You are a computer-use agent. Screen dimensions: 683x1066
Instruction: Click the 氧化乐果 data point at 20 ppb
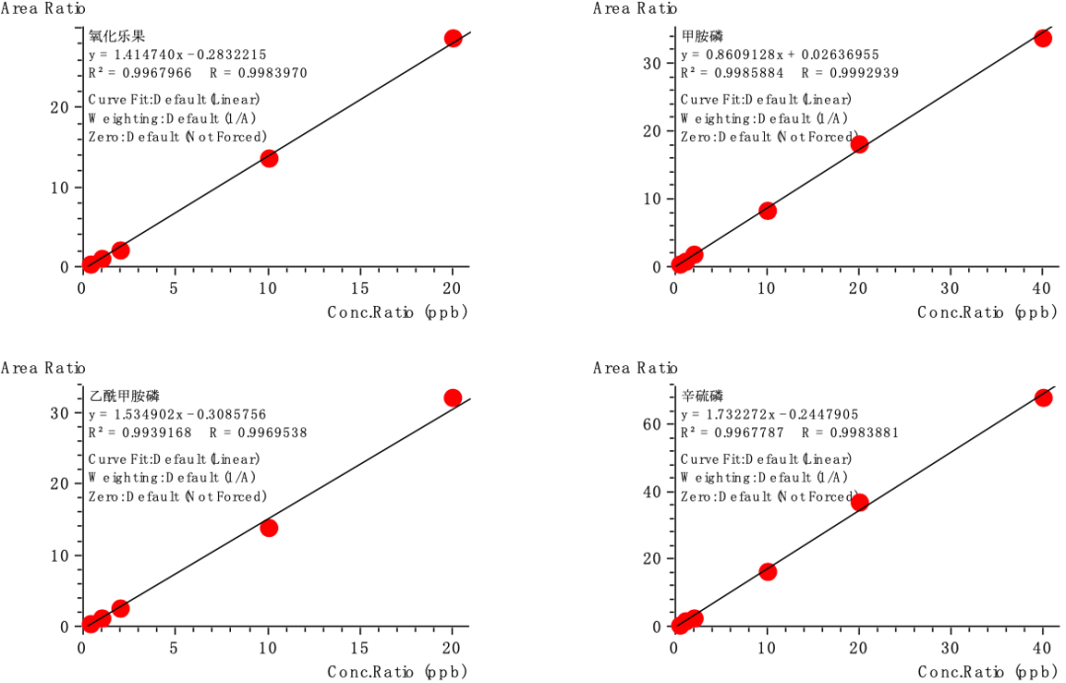pos(453,38)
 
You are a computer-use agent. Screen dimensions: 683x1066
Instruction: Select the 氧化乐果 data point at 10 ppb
pos(268,158)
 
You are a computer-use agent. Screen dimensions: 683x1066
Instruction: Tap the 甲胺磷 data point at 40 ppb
pos(1042,38)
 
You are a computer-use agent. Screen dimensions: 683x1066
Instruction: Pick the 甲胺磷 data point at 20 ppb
pos(859,144)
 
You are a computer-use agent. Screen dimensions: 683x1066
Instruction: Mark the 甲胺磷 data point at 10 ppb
pos(767,210)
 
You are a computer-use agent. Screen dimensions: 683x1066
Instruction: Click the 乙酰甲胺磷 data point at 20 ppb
pos(453,398)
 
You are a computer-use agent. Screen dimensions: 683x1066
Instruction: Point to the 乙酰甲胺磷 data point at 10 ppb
pos(268,528)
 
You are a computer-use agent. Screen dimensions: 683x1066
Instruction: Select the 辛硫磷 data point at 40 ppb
pos(1042,398)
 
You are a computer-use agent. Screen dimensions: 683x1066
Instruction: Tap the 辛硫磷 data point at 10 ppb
pos(767,571)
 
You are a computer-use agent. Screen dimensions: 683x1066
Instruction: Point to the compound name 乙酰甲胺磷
pos(123,396)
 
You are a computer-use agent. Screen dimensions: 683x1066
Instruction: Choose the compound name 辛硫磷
pos(703,396)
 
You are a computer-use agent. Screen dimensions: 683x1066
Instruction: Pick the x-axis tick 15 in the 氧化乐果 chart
pos(360,288)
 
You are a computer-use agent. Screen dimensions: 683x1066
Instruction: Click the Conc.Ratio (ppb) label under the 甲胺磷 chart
pos(987,312)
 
